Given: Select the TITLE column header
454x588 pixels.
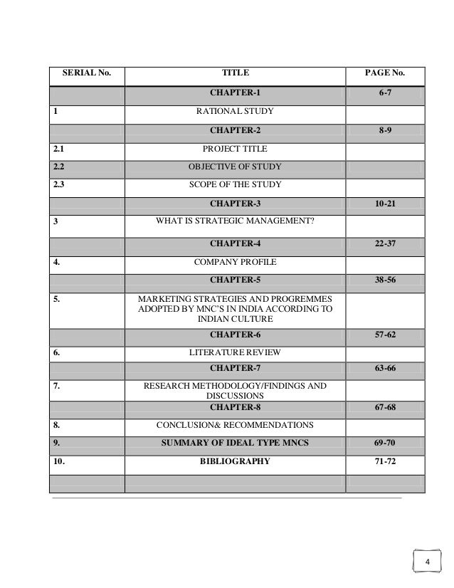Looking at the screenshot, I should [236, 73].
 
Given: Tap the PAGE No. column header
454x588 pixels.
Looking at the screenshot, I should [385, 73].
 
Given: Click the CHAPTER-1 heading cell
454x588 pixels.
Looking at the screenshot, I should [236, 93].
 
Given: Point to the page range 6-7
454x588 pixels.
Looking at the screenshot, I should [385, 93].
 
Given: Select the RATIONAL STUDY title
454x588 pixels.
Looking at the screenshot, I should [236, 111].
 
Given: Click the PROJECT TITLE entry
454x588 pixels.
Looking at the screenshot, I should [236, 149].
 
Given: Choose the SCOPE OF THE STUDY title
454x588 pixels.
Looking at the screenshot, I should [236, 184].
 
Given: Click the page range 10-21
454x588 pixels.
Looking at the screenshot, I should [385, 204].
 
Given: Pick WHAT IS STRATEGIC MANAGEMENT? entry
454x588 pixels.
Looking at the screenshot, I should [236, 221].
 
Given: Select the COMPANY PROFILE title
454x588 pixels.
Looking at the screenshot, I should [236, 263].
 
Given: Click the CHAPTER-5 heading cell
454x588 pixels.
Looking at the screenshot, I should [236, 280].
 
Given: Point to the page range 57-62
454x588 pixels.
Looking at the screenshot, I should [385, 334].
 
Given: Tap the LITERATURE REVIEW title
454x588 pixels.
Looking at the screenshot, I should [236, 352].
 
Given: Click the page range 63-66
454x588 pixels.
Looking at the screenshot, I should [385, 368].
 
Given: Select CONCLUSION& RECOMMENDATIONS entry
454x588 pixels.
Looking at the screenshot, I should [236, 425].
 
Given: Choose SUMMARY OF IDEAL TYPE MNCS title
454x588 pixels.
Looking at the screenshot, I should [236, 443].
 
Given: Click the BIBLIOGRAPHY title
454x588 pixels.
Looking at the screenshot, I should [236, 461].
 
